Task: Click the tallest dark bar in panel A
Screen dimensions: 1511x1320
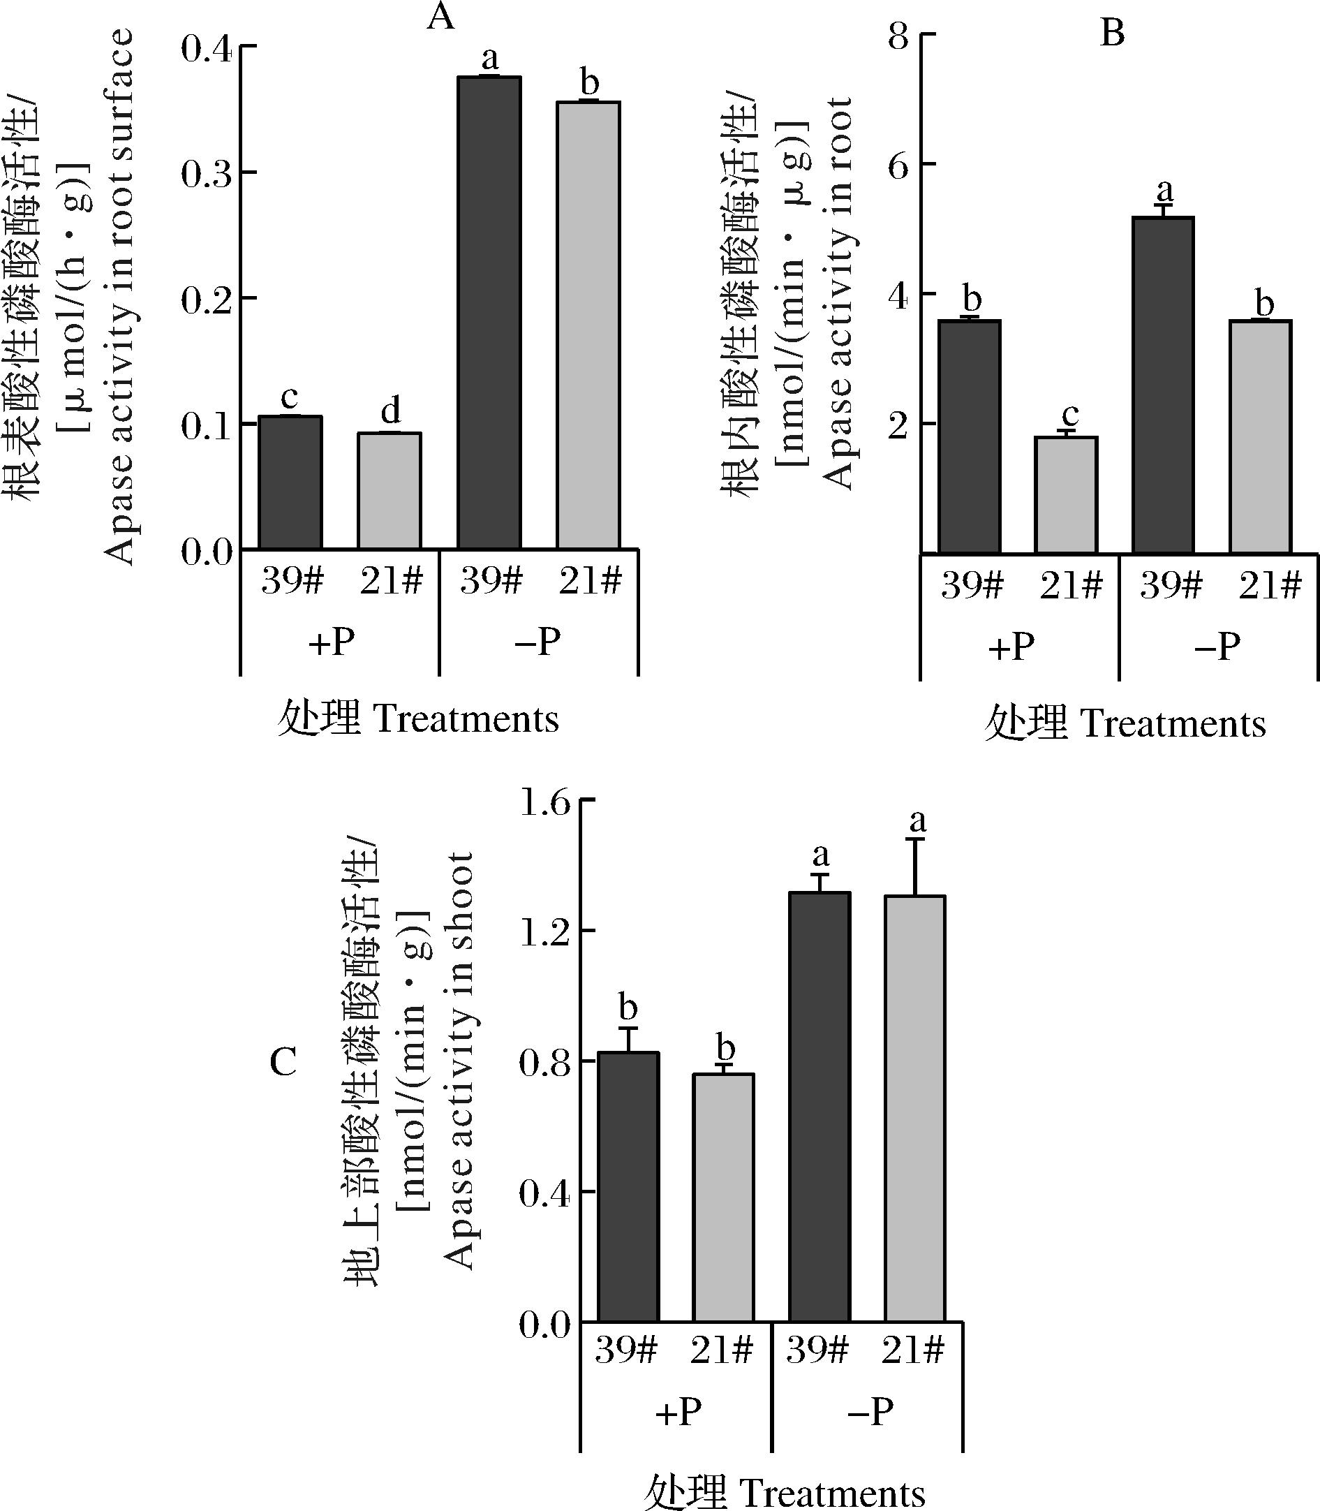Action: pos(489,312)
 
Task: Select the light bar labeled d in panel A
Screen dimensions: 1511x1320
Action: pos(390,491)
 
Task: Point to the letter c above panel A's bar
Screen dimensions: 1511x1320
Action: pos(290,398)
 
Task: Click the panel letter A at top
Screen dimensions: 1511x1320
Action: pos(440,17)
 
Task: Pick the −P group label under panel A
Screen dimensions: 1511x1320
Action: pos(537,642)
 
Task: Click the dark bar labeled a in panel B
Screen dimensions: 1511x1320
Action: pos(1162,385)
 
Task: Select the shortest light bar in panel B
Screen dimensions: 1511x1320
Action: pos(1065,494)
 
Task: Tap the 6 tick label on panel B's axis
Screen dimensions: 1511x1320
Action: pos(898,165)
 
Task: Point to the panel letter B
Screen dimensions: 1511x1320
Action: pos(1111,33)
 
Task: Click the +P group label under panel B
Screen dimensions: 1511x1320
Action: pos(1011,647)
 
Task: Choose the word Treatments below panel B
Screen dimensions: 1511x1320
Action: pos(1173,725)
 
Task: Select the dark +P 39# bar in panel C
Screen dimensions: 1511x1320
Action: pos(628,1187)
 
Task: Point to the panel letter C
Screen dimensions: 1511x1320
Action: pos(283,1061)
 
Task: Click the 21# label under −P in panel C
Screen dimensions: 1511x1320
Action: pos(912,1350)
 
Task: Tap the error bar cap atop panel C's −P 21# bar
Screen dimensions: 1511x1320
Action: pos(916,839)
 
